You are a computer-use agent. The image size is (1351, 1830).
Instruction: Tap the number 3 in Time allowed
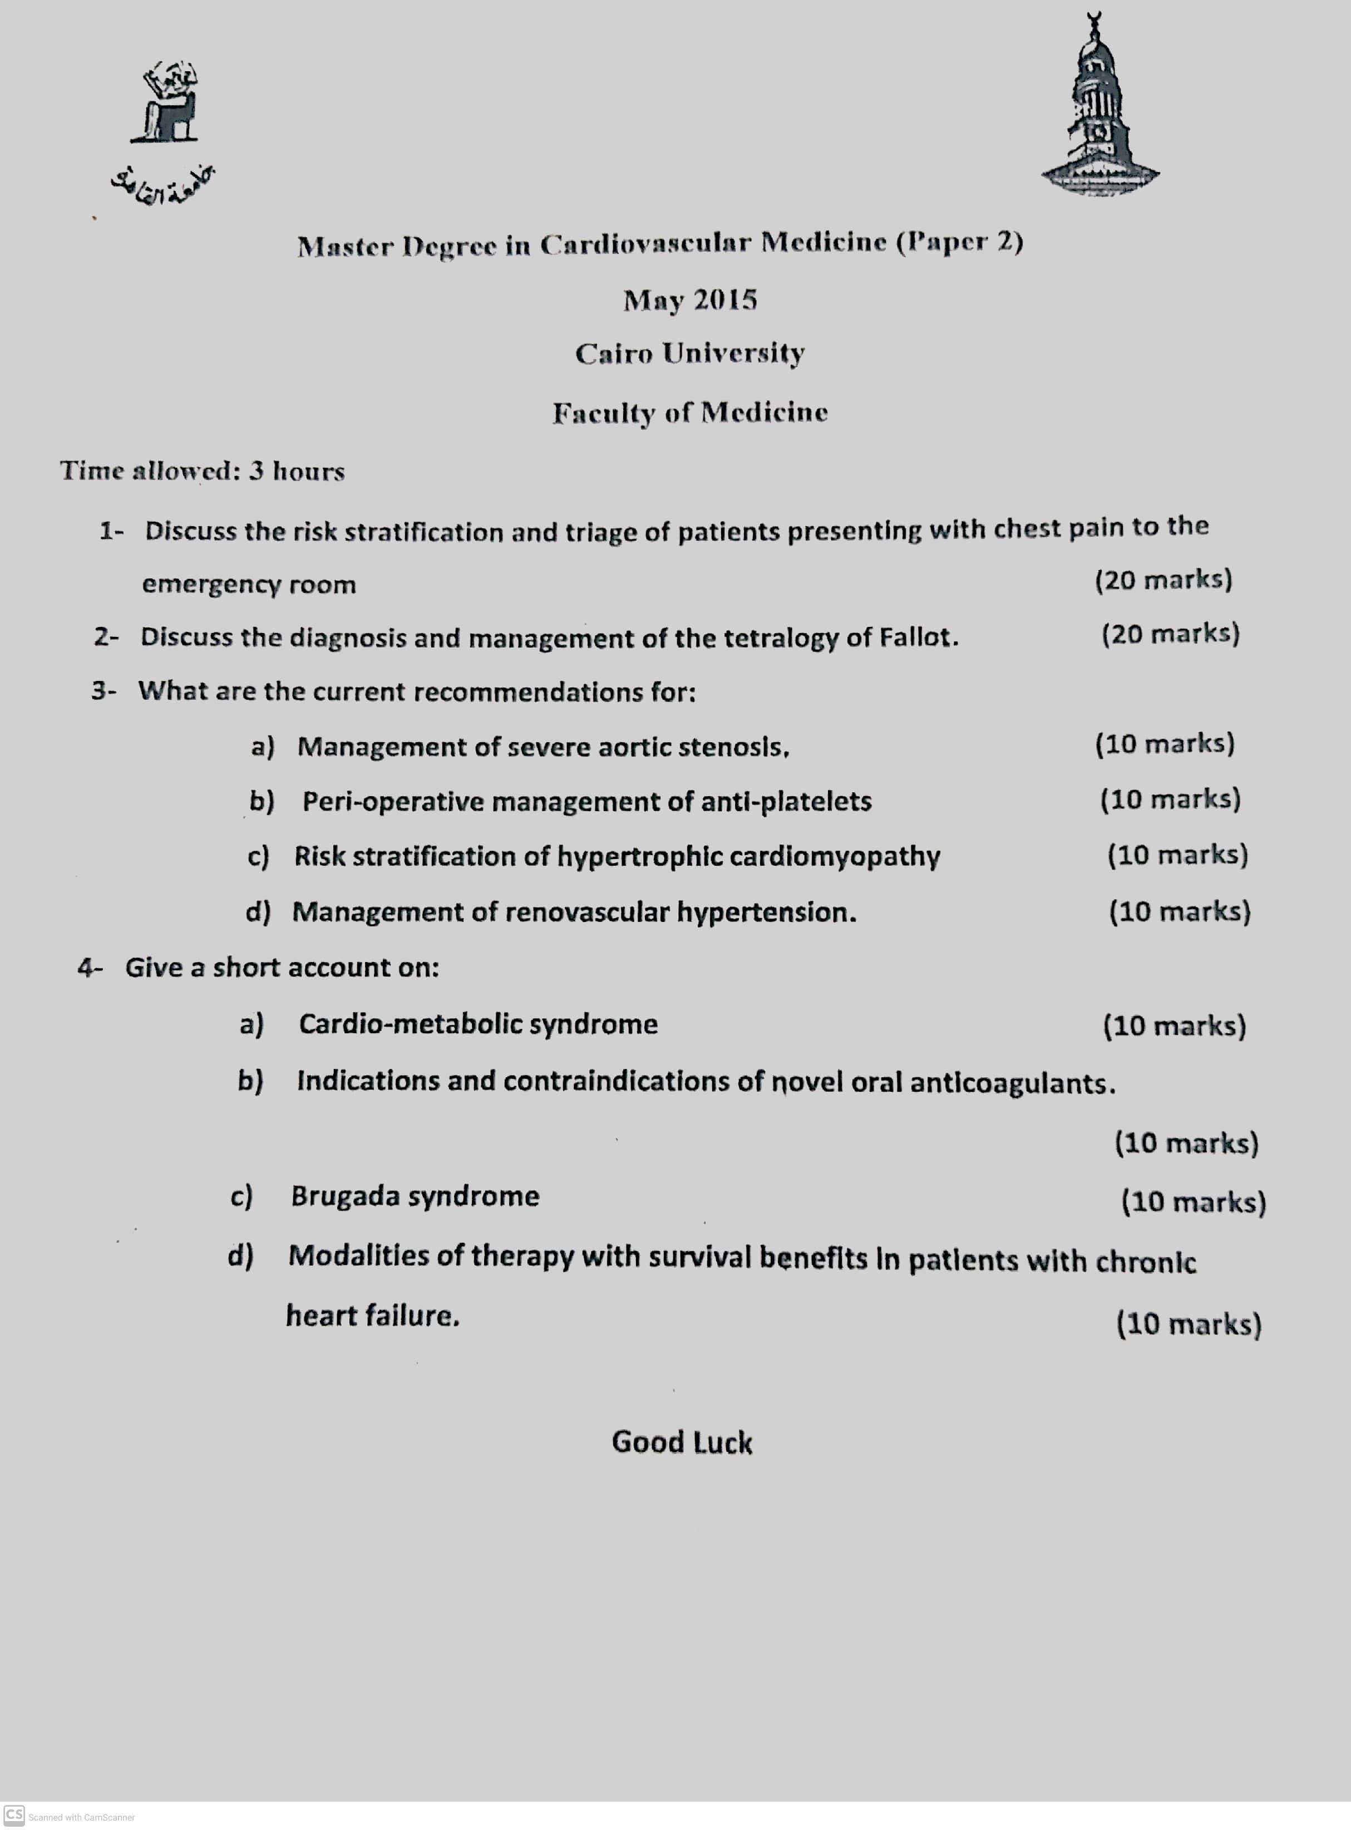click(256, 471)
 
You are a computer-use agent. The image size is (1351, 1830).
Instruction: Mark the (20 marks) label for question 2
click(1170, 634)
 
